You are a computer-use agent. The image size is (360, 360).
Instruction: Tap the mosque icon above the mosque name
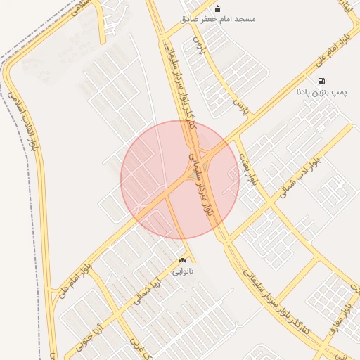pos(217,8)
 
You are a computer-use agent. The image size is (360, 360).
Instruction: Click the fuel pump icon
pos(321,81)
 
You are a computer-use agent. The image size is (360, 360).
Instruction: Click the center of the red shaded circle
pos(180,180)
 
